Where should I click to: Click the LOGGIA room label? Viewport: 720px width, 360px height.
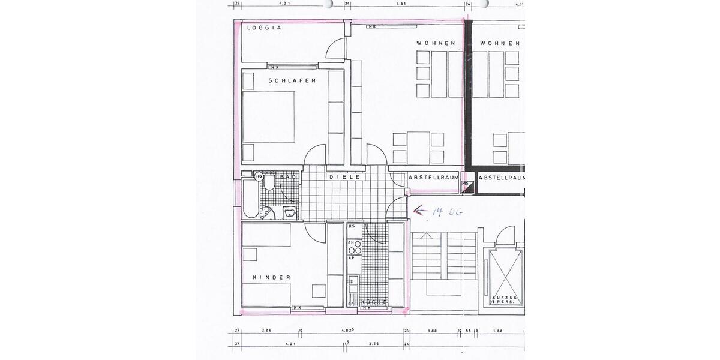[264, 28]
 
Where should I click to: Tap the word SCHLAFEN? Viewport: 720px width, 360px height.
[292, 80]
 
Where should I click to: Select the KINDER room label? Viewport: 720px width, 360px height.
[271, 277]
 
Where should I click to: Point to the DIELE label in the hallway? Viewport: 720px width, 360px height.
[344, 178]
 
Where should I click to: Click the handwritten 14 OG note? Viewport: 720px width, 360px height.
[445, 211]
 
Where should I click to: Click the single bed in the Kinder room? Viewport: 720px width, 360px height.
[266, 295]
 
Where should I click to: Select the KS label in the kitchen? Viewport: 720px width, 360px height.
[352, 226]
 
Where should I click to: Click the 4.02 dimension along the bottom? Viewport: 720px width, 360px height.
[346, 330]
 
